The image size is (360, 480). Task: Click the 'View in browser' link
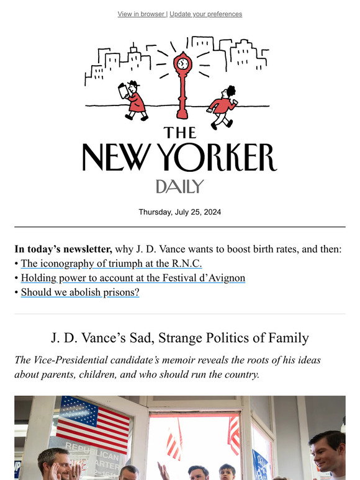coord(141,14)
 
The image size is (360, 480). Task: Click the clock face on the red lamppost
coord(182,63)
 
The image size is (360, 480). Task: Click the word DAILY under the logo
coord(179,186)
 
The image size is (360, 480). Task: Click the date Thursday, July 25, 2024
coord(179,211)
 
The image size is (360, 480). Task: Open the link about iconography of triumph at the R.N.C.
coord(112,264)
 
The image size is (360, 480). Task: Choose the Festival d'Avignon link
coord(133,278)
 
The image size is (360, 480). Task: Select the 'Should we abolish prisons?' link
coord(80,292)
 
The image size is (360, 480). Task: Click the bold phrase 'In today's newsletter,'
coord(63,249)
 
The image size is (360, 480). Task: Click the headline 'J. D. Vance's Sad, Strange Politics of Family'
coord(179,338)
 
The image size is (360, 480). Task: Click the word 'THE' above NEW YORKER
coord(180,132)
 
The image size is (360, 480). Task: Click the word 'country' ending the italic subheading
coord(243,375)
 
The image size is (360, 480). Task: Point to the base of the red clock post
coord(182,115)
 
